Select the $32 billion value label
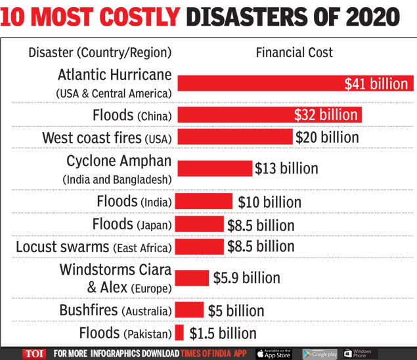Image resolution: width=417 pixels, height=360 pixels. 326,115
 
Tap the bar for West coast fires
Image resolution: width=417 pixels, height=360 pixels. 234,137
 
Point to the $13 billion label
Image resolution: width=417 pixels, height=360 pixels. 286,168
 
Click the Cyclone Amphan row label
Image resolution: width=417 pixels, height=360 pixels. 118,169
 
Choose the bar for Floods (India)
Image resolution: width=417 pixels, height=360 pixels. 204,201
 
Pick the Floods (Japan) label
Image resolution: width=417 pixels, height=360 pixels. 132,225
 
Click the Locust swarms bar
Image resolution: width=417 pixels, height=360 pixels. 199,246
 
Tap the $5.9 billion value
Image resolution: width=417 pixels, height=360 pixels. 246,278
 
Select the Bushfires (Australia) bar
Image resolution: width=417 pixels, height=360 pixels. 190,310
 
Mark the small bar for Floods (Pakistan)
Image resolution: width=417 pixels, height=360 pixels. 179,332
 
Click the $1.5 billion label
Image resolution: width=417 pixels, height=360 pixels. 223,333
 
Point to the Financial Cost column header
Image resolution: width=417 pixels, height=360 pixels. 294,52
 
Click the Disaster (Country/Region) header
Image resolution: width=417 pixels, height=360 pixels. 100,52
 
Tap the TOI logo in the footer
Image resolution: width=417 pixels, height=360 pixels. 34,353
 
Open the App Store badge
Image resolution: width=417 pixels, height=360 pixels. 273,353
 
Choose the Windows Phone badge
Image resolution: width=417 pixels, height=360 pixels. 358,353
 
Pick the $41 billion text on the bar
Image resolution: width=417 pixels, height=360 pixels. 376,83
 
